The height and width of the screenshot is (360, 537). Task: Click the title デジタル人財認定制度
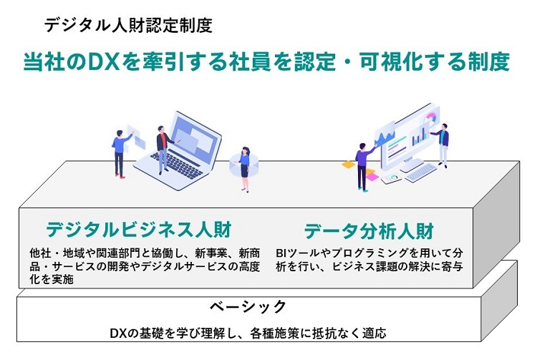(x=128, y=25)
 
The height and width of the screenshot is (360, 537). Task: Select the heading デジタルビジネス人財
(x=139, y=229)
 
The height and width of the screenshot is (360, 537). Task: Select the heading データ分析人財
(x=369, y=231)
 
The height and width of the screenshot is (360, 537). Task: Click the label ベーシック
(x=248, y=306)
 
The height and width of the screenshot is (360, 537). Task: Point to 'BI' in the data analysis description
(x=281, y=253)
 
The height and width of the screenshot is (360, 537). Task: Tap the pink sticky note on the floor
(x=372, y=177)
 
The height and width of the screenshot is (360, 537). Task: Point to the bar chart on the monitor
(x=420, y=136)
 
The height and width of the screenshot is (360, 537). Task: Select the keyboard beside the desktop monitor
(x=420, y=172)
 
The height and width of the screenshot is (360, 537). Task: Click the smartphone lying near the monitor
(x=392, y=179)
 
